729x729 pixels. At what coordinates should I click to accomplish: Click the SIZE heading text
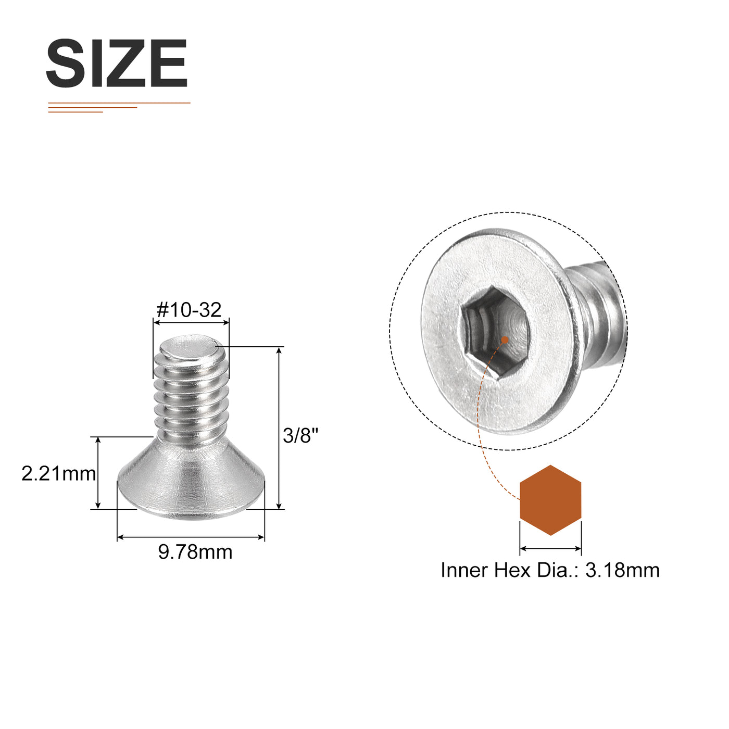coord(117,63)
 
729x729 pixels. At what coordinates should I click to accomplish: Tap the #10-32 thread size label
coord(189,310)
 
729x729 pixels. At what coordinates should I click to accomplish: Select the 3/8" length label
coord(301,435)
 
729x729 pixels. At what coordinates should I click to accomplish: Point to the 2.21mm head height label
coord(59,473)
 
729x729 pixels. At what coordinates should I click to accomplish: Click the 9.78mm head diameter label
coord(195,552)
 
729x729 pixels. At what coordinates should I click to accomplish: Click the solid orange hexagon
coord(550,500)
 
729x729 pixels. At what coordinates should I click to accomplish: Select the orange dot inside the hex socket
coord(505,340)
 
